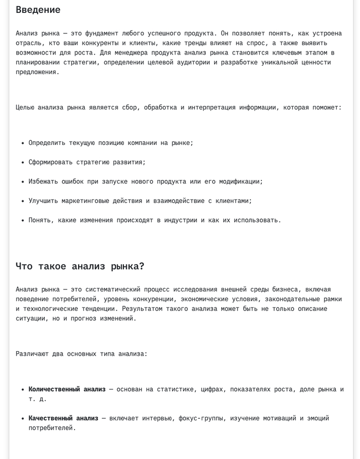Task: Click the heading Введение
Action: [x=38, y=10]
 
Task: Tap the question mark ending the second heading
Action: [x=142, y=266]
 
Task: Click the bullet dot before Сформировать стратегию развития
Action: [x=23, y=162]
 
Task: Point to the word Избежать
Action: [x=43, y=181]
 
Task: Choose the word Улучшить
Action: [x=43, y=201]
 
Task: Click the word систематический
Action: [x=113, y=289]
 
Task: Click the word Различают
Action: [x=32, y=354]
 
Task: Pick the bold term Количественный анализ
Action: [x=67, y=389]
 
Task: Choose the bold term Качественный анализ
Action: [x=63, y=418]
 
